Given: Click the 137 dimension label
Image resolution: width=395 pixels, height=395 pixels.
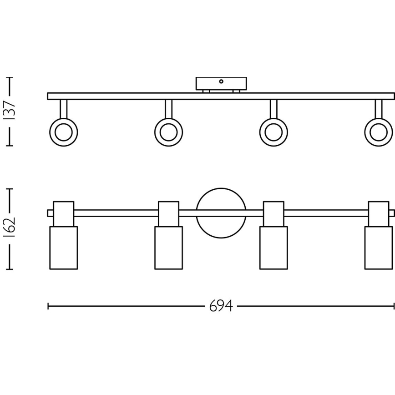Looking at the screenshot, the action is (10, 111).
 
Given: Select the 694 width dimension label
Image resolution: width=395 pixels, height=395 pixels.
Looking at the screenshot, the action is (221, 306).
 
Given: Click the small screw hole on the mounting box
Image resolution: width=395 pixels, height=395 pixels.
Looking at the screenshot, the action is (221, 81).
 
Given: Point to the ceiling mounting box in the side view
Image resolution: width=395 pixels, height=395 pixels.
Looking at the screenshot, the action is (221, 84).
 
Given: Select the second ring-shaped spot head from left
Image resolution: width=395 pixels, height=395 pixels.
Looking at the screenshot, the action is (157, 132).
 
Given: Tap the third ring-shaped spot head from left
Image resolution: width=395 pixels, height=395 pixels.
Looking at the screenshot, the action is (262, 132).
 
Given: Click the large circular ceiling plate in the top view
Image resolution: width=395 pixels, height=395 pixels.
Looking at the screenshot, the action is (221, 188).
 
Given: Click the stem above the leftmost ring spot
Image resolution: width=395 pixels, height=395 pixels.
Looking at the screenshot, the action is (64, 109).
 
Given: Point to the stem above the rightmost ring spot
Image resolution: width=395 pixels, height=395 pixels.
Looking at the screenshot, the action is (379, 109).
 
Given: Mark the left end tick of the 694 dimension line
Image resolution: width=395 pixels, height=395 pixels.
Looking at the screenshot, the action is (48, 306).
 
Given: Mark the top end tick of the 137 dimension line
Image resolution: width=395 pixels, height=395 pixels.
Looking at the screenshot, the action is (10, 77).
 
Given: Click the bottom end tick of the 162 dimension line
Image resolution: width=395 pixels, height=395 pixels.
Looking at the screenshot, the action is (10, 269).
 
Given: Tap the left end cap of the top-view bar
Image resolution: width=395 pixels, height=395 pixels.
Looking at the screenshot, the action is (51, 213).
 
